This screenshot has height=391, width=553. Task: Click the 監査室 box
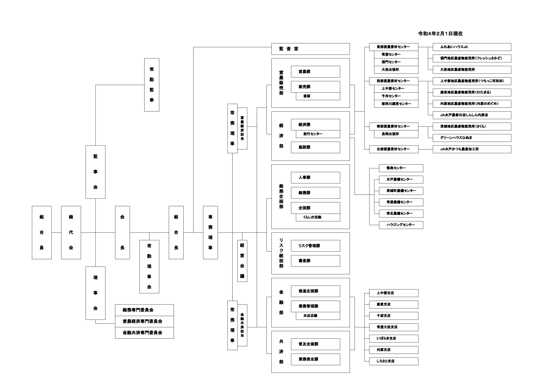tap(310, 49)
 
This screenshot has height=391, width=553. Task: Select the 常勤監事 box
tap(151, 85)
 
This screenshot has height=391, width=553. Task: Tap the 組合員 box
tap(42, 232)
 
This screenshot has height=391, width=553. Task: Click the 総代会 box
tap(71, 232)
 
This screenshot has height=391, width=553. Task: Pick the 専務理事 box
tap(210, 232)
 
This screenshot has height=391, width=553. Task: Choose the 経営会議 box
tap(242, 261)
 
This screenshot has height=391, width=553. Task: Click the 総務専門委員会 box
tap(144, 310)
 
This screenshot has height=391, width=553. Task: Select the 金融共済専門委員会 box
tap(144, 333)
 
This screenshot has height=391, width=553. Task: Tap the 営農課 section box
tap(315, 72)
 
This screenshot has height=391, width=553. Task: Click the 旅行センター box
tap(317, 134)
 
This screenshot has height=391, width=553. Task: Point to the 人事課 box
tap(315, 177)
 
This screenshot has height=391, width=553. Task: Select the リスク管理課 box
tap(315, 246)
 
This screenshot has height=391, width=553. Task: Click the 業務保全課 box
tap(315, 359)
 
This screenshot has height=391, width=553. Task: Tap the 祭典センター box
tap(401, 168)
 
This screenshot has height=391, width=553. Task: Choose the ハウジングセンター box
tap(401, 225)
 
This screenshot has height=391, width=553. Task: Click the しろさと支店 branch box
tap(393, 361)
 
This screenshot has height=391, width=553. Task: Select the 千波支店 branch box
tap(393, 316)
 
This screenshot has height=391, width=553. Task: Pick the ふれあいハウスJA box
tap(472, 47)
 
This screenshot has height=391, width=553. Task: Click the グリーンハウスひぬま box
tap(472, 138)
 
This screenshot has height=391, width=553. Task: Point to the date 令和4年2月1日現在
tap(440, 34)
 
